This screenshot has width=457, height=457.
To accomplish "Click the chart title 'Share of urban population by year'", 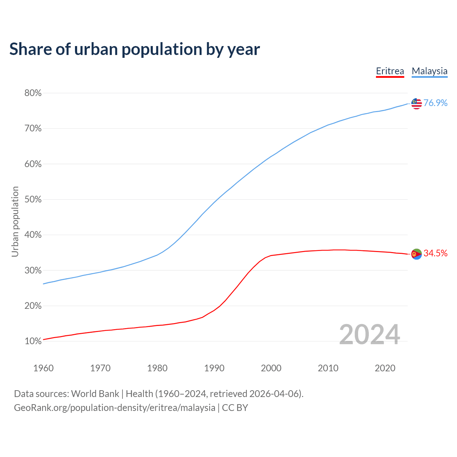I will pyautogui.click(x=135, y=49).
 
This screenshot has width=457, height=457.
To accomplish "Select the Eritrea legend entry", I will pyautogui.click(x=390, y=71).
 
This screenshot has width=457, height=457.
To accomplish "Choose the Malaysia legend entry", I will pyautogui.click(x=430, y=71).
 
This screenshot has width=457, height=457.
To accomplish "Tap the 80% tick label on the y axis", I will pyautogui.click(x=33, y=93).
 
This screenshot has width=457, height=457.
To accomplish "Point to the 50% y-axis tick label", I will pyautogui.click(x=33, y=200).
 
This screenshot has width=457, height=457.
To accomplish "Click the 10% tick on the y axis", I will pyautogui.click(x=33, y=341).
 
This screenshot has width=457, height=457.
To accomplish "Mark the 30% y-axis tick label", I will pyautogui.click(x=33, y=271).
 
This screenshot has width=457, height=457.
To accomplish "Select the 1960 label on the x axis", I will pyautogui.click(x=43, y=368).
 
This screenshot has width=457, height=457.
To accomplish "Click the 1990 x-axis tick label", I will pyautogui.click(x=214, y=368).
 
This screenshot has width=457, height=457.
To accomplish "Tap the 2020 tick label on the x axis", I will pyautogui.click(x=385, y=368).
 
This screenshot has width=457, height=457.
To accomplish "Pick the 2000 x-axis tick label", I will pyautogui.click(x=271, y=368).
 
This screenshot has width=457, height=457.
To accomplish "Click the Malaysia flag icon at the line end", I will pyautogui.click(x=416, y=104).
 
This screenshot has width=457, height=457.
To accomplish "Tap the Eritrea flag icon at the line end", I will pyautogui.click(x=416, y=254).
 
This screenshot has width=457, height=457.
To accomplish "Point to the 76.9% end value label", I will pyautogui.click(x=435, y=103).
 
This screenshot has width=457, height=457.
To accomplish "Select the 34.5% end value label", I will pyautogui.click(x=435, y=253).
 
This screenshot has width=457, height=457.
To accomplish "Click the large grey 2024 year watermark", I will pyautogui.click(x=370, y=335).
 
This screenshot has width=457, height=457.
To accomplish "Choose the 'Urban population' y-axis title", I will pyautogui.click(x=15, y=221).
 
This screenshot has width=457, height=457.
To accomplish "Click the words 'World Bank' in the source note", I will pyautogui.click(x=95, y=394).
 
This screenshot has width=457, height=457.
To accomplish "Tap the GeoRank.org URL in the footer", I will pyautogui.click(x=115, y=408).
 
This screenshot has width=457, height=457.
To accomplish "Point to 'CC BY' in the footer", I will pyautogui.click(x=235, y=408).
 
